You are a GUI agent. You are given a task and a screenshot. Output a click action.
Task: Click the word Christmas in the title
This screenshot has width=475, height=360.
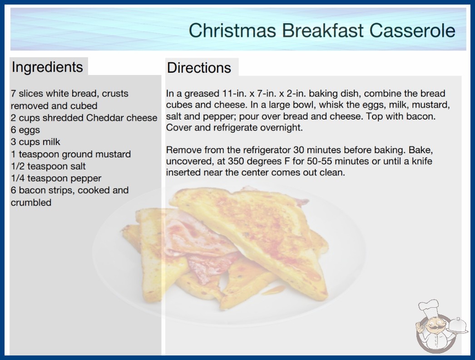[x=232, y=30]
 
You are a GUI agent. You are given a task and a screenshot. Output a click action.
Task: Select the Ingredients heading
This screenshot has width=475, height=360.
[x=47, y=67]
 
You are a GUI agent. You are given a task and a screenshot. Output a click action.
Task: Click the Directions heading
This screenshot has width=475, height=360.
[x=199, y=68]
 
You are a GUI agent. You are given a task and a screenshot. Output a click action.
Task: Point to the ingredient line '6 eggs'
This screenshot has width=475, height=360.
[x=25, y=130]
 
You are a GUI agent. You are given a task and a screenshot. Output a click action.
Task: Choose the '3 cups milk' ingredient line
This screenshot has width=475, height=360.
[x=35, y=142]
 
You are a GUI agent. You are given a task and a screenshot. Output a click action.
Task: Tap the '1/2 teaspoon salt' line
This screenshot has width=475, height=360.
[x=48, y=166]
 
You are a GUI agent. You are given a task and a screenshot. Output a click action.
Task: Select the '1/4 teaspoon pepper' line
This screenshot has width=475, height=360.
[x=56, y=178]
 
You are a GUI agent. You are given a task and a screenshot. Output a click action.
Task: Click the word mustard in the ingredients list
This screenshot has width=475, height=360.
[x=113, y=154]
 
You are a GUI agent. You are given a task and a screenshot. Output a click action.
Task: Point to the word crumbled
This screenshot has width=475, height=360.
[x=31, y=202]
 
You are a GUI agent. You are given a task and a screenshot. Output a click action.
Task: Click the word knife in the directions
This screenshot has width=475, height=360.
[x=422, y=161]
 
